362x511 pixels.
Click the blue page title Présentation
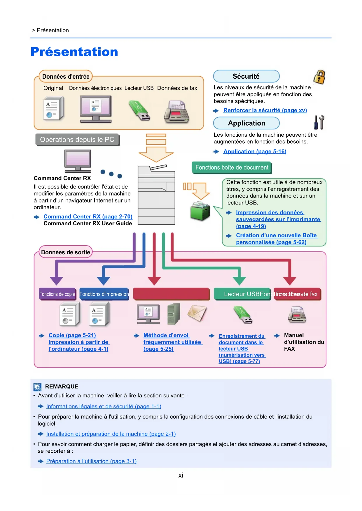tap(74, 52)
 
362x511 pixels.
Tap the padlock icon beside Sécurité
tap(319, 77)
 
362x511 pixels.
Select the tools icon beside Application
tap(319, 122)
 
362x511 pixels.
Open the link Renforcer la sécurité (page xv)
tap(265, 110)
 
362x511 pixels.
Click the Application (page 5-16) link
tap(255, 151)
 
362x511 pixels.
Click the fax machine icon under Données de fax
tap(176, 112)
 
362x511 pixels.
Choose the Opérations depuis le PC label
tap(77, 140)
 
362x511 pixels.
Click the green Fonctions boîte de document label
tap(232, 168)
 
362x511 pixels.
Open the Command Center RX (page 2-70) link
tap(88, 217)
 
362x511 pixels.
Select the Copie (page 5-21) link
tap(72, 335)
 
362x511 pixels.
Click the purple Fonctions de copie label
tap(57, 294)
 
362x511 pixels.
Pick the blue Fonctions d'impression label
tap(104, 294)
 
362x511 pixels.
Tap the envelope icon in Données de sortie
tap(197, 313)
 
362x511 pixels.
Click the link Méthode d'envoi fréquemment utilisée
tap(172, 342)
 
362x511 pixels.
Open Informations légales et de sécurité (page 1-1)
tap(104, 406)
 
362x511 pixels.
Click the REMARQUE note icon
tap(37, 387)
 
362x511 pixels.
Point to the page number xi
tap(181, 475)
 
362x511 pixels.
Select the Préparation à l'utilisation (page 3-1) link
tap(91, 461)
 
